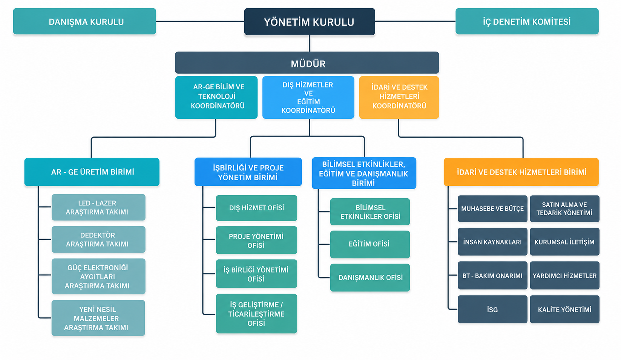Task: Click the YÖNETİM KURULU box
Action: (310, 21)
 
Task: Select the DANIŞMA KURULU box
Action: (84, 21)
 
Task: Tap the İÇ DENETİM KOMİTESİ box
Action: (527, 21)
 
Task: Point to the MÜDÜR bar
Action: (307, 63)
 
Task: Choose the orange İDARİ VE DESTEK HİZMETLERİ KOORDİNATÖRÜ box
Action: (399, 98)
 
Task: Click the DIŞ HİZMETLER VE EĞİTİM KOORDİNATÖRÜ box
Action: (308, 98)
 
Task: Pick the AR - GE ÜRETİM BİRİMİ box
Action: (92, 172)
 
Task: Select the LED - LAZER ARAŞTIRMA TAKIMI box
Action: (98, 207)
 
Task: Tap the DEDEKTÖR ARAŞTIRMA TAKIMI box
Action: (98, 239)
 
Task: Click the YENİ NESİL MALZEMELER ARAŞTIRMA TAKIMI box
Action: (98, 318)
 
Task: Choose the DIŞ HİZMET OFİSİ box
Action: (256, 208)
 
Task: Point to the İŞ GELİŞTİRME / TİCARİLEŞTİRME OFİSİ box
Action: (256, 314)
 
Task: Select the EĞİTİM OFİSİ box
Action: (370, 244)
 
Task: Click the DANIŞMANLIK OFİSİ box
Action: (370, 277)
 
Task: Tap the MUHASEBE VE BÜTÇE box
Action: (492, 209)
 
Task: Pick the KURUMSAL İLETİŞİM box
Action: (564, 242)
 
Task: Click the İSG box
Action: (492, 309)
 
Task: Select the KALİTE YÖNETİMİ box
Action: (564, 309)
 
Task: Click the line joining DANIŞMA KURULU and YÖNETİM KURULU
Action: (200, 21)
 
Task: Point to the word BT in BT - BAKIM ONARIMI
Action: (466, 276)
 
